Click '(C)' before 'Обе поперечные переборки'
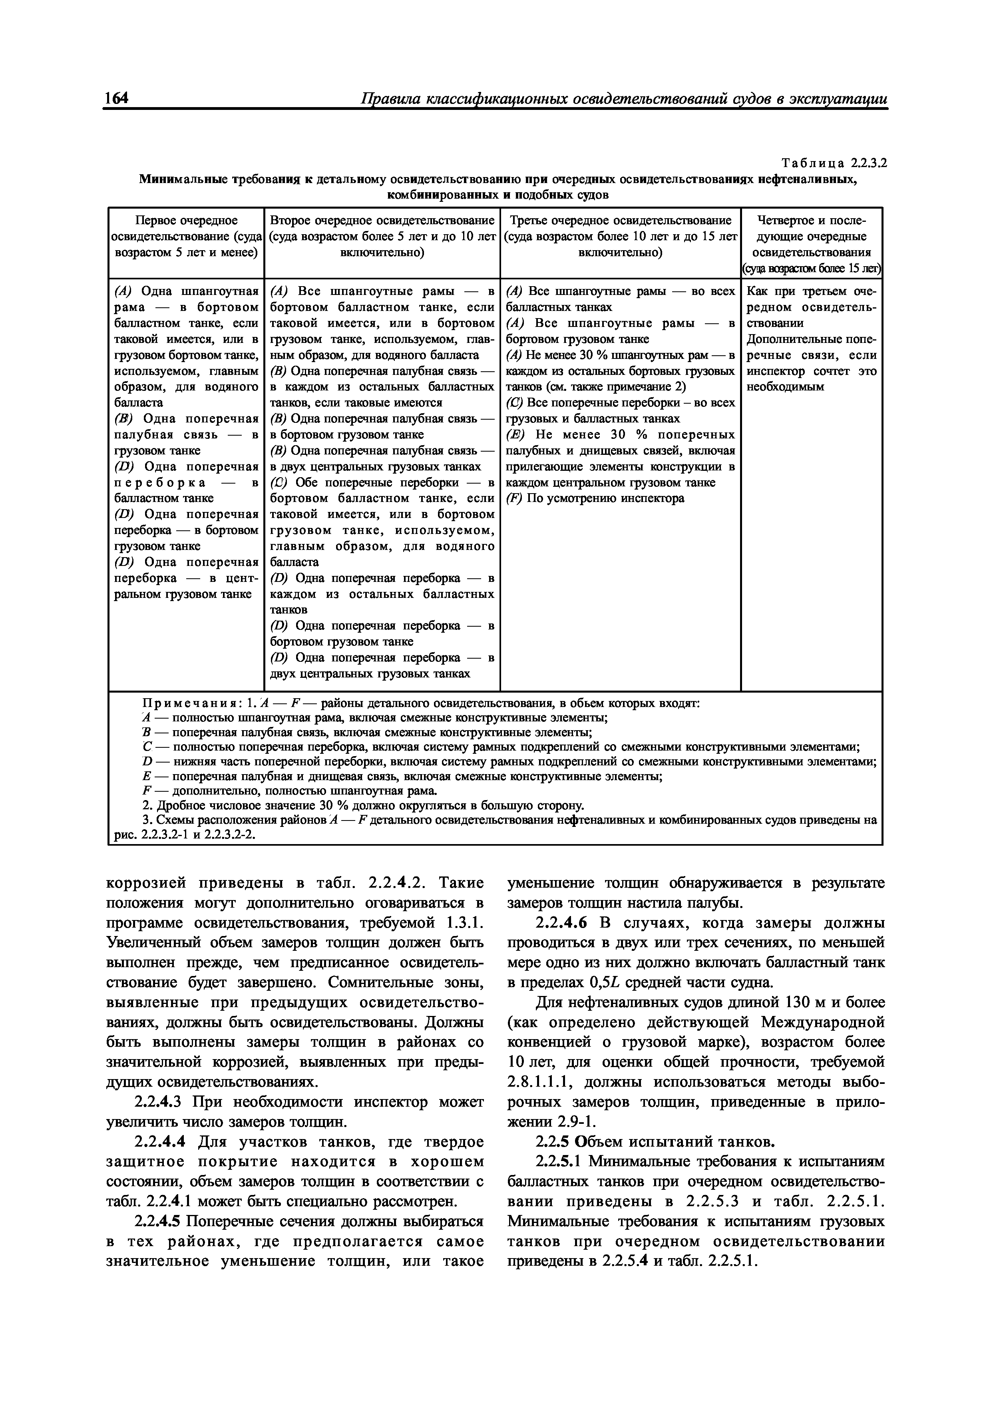coord(279,482)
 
